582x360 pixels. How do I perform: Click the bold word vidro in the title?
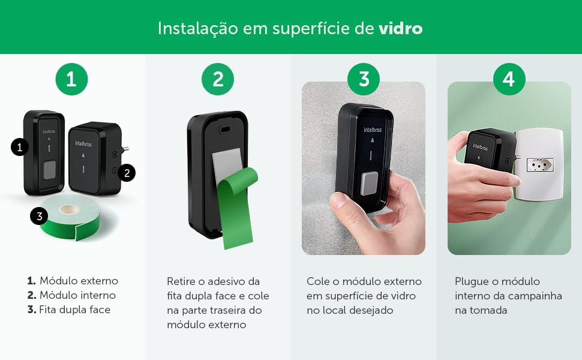click(x=400, y=28)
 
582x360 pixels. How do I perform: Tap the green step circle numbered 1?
click(x=71, y=79)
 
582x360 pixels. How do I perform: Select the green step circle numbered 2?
click(x=218, y=79)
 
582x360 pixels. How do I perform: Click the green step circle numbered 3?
click(x=364, y=79)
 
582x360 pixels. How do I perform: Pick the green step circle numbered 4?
click(x=509, y=79)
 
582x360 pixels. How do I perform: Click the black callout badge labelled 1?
click(x=20, y=147)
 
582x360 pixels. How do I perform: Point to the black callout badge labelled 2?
click(x=127, y=173)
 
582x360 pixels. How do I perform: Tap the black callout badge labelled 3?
click(x=40, y=216)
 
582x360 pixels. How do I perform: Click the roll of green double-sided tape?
click(x=71, y=219)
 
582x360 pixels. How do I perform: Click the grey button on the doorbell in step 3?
click(x=370, y=184)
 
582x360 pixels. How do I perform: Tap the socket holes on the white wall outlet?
click(x=540, y=164)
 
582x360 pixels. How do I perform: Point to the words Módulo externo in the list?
click(x=79, y=281)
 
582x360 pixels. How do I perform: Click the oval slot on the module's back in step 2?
click(x=224, y=130)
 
